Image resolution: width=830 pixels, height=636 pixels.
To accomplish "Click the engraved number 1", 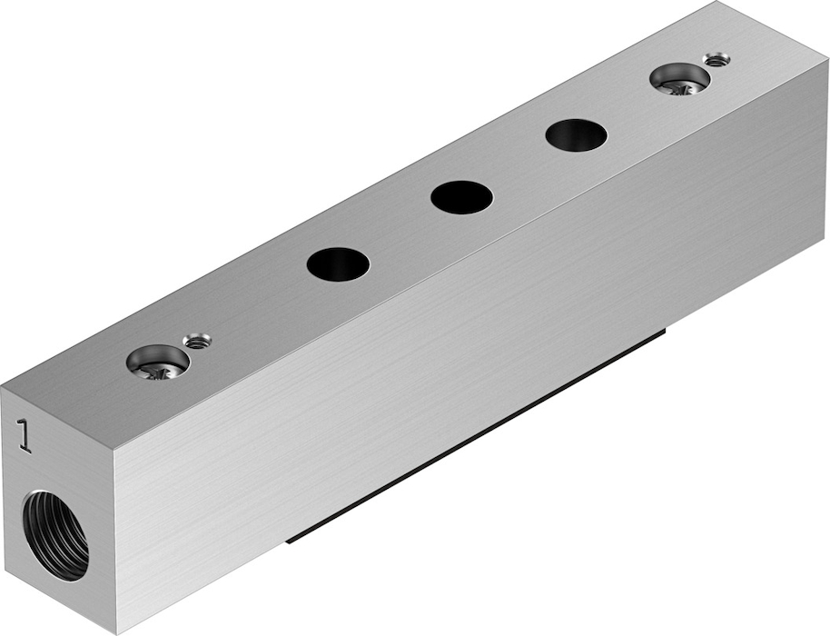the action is click(x=25, y=436).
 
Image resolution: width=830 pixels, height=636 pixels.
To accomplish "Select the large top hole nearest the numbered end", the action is click(x=338, y=263).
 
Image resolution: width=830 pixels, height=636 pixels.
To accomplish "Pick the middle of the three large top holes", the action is click(x=461, y=197).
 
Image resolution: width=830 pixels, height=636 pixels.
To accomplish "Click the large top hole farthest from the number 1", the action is click(x=577, y=135).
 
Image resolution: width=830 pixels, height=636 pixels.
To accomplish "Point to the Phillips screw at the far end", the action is click(x=680, y=82).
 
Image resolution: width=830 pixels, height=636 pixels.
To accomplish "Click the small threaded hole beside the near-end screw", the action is click(x=197, y=341).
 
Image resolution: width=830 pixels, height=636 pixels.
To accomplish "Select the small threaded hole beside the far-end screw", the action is click(x=716, y=59).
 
